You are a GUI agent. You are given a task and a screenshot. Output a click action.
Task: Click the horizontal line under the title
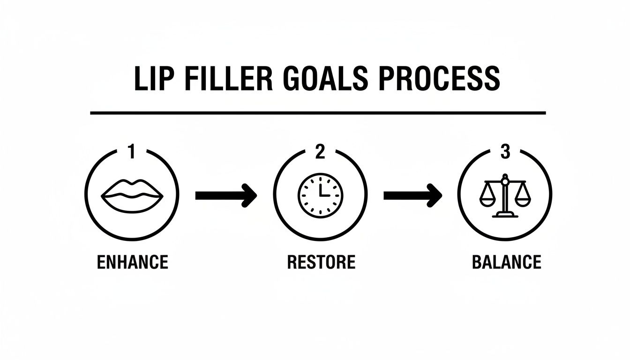click(318, 113)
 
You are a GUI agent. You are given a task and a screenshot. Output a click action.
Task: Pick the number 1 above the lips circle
click(132, 152)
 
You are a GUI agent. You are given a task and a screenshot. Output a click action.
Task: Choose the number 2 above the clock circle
click(320, 152)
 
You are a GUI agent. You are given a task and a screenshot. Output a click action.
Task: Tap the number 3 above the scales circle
click(505, 152)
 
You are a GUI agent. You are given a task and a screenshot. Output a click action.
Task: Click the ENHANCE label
click(132, 262)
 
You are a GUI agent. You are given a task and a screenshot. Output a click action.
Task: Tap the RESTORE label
click(321, 262)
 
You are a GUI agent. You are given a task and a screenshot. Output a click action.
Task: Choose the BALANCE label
click(506, 262)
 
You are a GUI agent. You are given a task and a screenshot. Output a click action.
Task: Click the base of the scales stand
click(505, 215)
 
